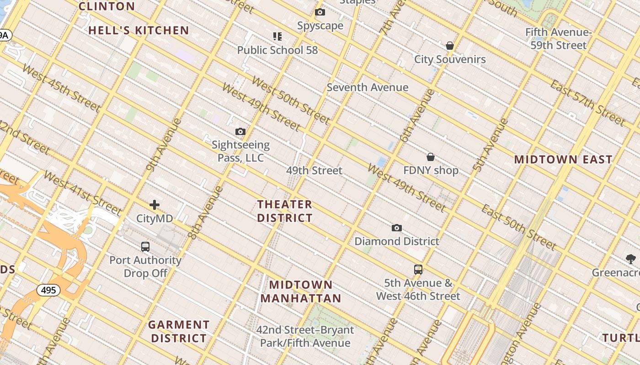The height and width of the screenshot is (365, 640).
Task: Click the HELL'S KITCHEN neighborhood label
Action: [x=139, y=31]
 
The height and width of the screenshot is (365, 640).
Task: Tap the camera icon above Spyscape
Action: [x=320, y=12]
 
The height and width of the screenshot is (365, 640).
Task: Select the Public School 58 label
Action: [x=277, y=50]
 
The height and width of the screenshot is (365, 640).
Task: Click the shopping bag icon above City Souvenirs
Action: [x=450, y=46]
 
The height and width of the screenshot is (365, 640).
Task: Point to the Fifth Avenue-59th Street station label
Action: [x=558, y=39]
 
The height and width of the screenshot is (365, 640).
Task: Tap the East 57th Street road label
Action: [x=587, y=103]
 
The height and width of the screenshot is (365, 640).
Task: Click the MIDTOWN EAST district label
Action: [x=563, y=159]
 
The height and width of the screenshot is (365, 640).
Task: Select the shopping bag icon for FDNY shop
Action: [x=430, y=157]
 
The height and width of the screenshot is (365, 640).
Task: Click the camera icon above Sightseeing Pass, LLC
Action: [x=240, y=132]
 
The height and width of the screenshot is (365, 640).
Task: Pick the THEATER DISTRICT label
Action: [x=285, y=211]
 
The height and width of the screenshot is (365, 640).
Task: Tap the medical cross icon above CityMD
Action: [x=155, y=205]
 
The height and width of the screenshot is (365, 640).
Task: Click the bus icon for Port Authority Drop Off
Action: [x=145, y=247]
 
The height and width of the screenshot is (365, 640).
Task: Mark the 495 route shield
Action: [x=48, y=290]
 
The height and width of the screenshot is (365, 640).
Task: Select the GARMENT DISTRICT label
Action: [x=179, y=331]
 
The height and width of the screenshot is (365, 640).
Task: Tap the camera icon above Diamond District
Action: [x=397, y=228]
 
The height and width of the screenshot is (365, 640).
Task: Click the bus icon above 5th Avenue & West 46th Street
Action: [x=418, y=269]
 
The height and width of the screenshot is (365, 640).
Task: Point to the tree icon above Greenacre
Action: [x=631, y=259]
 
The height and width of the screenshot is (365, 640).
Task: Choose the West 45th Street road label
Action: [x=60, y=88]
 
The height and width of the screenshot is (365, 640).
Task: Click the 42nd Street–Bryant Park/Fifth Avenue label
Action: [x=305, y=336]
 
